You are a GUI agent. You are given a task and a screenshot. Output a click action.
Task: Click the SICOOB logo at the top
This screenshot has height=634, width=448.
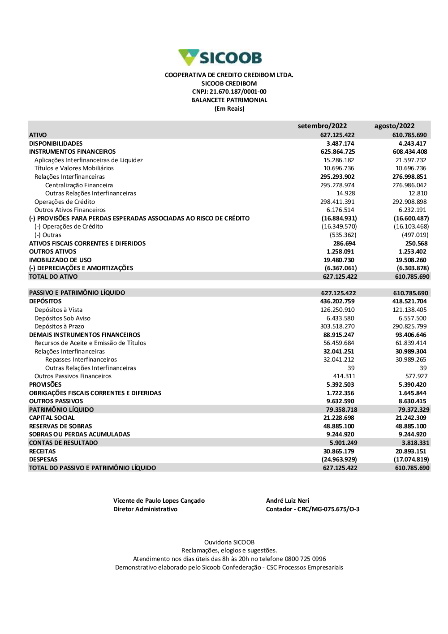220,57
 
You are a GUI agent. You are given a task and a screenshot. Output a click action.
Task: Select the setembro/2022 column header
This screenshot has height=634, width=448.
322,126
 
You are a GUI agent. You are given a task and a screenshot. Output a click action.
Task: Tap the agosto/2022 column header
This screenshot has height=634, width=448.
394,126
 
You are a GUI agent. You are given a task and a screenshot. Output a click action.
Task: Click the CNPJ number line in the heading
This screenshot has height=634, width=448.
229,92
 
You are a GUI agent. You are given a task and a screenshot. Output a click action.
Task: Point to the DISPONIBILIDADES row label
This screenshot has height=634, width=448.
56,143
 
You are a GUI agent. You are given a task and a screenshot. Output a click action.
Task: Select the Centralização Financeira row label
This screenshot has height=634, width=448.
79,185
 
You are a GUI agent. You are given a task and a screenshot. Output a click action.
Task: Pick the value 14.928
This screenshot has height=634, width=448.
345,194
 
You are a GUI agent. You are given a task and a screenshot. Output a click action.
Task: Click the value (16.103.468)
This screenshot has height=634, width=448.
411,227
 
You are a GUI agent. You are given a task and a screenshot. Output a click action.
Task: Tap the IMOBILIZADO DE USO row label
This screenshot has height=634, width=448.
60,260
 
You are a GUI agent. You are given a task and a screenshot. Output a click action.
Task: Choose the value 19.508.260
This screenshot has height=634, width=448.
411,260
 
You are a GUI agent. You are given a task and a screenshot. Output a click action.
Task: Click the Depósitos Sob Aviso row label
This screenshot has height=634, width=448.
62,318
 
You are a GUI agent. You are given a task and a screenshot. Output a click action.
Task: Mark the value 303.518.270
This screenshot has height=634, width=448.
337,327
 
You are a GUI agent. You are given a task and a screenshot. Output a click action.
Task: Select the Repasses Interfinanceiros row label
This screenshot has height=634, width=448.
81,360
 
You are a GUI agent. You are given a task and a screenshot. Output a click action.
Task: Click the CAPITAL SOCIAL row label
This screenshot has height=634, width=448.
52,418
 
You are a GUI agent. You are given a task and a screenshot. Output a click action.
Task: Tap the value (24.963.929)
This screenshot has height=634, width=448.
339,460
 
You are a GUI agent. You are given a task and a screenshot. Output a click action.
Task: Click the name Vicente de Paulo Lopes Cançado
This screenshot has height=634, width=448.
159,501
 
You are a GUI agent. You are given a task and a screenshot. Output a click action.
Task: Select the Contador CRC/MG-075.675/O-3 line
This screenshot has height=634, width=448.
313,509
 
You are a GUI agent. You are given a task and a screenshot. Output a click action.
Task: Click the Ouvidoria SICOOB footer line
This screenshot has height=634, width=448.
229,543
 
